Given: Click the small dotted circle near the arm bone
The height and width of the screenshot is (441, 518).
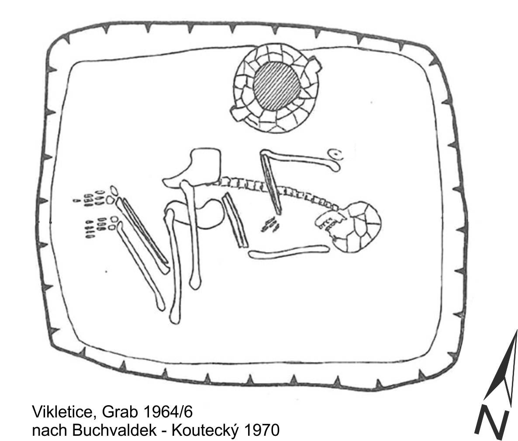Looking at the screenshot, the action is [x=335, y=154].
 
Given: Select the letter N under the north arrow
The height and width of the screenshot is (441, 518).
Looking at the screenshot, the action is [x=493, y=421].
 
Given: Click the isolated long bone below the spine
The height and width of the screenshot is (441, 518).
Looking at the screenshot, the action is [x=288, y=252].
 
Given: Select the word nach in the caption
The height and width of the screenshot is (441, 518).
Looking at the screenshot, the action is [x=48, y=431].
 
